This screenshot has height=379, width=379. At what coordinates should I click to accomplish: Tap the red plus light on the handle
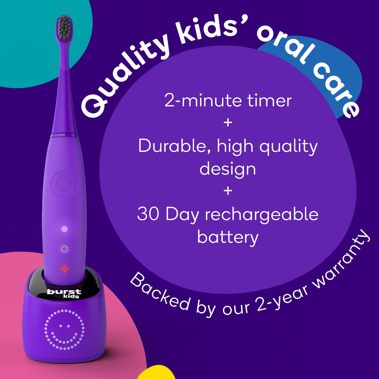tap(64, 269)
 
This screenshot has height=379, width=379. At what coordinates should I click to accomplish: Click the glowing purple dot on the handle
tap(64, 229)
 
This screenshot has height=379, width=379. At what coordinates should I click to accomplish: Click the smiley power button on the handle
tap(64, 184)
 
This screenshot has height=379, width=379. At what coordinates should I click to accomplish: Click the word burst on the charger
tap(64, 292)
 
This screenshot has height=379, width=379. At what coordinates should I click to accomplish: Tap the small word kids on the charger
tap(71, 296)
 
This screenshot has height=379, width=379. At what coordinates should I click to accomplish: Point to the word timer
tap(269, 101)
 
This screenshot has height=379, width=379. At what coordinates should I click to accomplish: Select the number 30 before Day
tap(148, 214)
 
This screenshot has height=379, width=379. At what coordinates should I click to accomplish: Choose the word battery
tap(228, 238)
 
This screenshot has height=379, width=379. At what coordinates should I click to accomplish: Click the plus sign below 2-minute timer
tap(228, 123)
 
